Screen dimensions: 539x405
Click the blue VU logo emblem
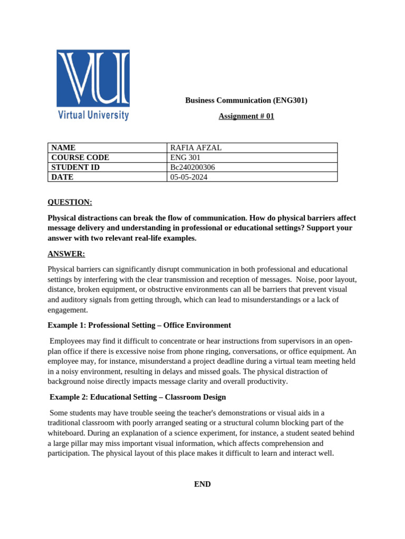coord(93,78)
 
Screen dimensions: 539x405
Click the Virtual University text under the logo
coord(93,114)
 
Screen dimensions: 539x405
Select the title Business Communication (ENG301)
coord(246,100)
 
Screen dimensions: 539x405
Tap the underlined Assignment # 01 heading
coord(246,116)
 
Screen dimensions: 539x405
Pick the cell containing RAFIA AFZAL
coord(196,148)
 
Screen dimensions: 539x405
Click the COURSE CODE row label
coord(80,157)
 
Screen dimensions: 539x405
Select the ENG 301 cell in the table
coord(185,157)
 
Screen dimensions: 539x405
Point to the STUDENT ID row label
coord(75,167)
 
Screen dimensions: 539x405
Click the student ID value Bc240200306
coord(192,167)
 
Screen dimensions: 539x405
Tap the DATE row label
coord(62,177)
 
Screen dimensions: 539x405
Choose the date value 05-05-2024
coord(189,177)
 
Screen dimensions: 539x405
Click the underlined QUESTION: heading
coord(70,202)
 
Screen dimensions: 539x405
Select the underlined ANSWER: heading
coord(66,254)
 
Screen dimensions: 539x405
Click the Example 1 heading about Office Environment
coord(139,325)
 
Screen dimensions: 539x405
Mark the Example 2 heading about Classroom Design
coord(138,397)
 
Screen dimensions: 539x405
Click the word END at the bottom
coord(202,484)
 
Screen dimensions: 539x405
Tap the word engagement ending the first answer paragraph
coord(67,310)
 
